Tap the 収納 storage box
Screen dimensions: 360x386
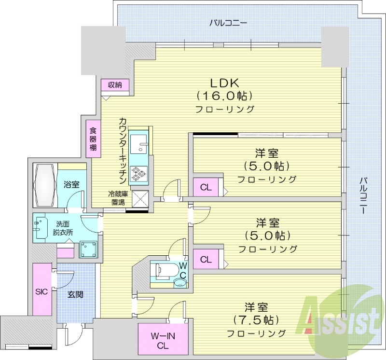[x=115, y=85]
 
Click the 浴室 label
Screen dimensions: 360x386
[x=71, y=184]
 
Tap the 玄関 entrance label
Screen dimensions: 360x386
[x=75, y=294]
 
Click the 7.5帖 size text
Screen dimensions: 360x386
[x=255, y=319]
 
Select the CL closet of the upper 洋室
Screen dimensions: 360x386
[x=206, y=188]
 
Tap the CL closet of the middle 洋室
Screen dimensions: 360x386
[x=206, y=259]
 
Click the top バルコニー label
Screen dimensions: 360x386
[x=228, y=23]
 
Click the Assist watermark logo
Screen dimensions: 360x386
[x=340, y=318]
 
